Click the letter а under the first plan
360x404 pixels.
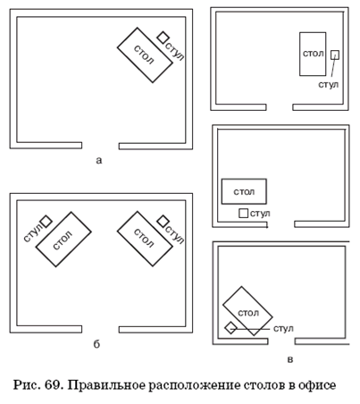click(x=99, y=161)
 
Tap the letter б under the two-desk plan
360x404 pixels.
click(x=96, y=344)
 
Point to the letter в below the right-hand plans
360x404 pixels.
click(x=290, y=359)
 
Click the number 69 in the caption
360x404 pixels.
click(x=54, y=385)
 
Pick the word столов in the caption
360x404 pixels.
click(x=265, y=385)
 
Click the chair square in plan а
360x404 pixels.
click(x=163, y=38)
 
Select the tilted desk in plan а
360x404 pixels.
click(x=145, y=55)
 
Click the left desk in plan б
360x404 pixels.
click(x=63, y=240)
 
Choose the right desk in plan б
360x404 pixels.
click(x=145, y=239)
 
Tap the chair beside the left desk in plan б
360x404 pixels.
click(x=46, y=222)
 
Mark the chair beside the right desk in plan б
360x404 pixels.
click(x=163, y=221)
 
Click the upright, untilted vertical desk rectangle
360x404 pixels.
click(x=313, y=54)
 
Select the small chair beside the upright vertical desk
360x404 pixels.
click(x=335, y=55)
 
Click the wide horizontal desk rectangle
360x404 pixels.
click(x=244, y=191)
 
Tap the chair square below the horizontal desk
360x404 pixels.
click(x=243, y=213)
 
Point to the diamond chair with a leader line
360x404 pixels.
click(x=230, y=328)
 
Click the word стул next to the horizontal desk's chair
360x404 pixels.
click(x=260, y=214)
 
